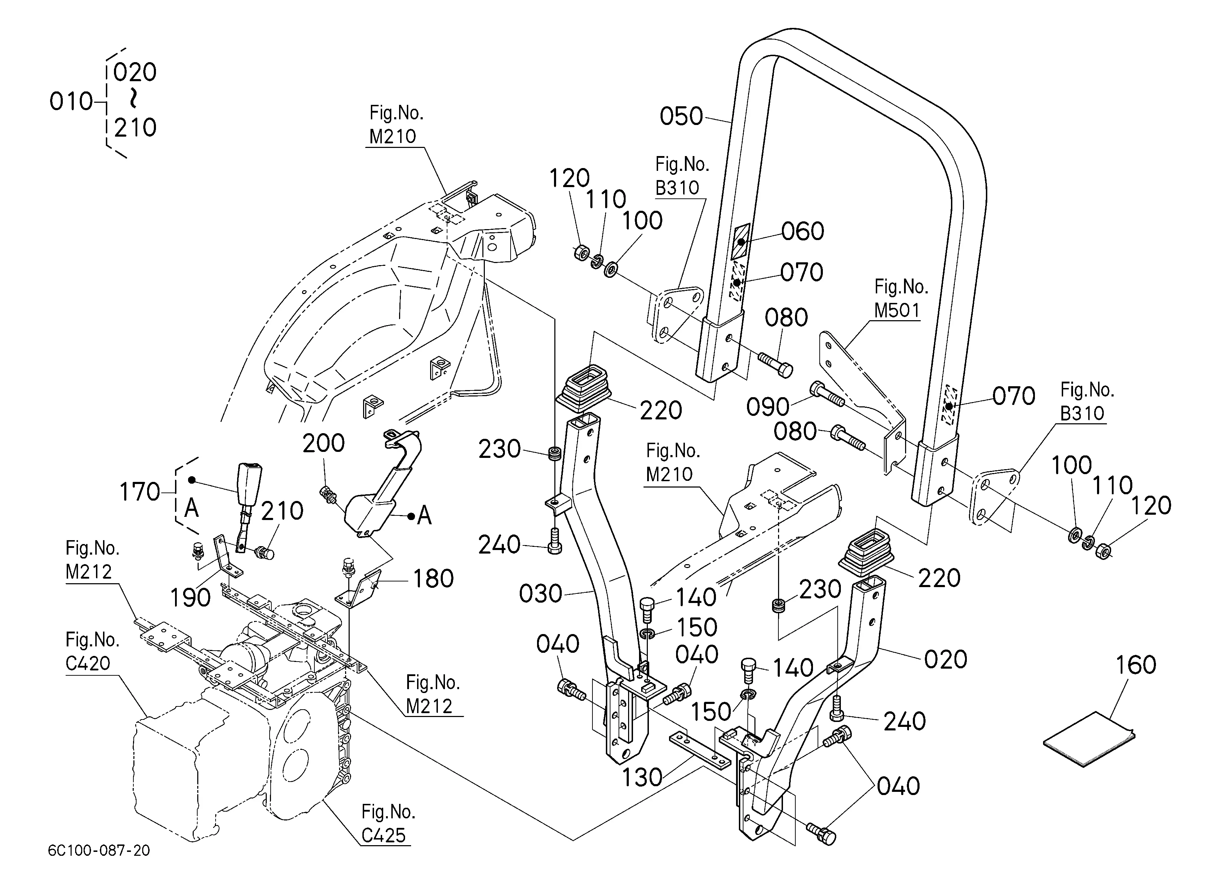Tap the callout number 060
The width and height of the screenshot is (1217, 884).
(x=803, y=231)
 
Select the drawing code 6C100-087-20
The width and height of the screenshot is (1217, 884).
(x=99, y=851)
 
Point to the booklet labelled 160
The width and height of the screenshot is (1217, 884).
(x=1089, y=739)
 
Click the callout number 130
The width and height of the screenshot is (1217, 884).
(x=642, y=777)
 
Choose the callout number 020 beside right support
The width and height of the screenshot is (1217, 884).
(x=946, y=659)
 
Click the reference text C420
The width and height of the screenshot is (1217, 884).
(x=88, y=663)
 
